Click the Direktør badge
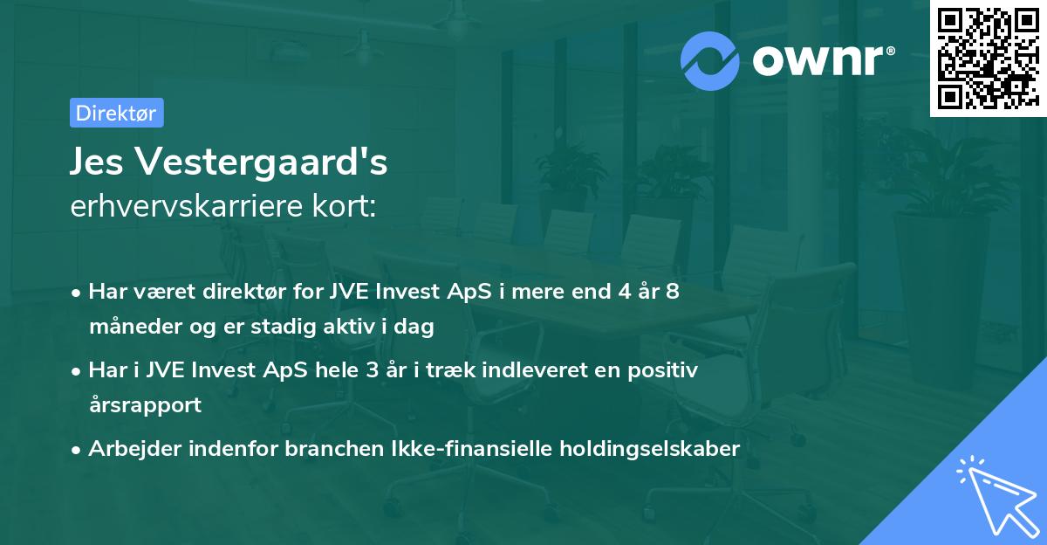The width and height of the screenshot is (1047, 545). [x=116, y=113]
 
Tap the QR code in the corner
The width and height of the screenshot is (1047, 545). [x=988, y=59]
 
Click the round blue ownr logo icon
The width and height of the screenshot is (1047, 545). [x=709, y=60]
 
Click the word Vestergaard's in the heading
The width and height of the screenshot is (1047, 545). [x=263, y=163]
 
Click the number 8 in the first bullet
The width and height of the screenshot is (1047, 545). [x=672, y=292]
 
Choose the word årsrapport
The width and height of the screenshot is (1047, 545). [x=145, y=405]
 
